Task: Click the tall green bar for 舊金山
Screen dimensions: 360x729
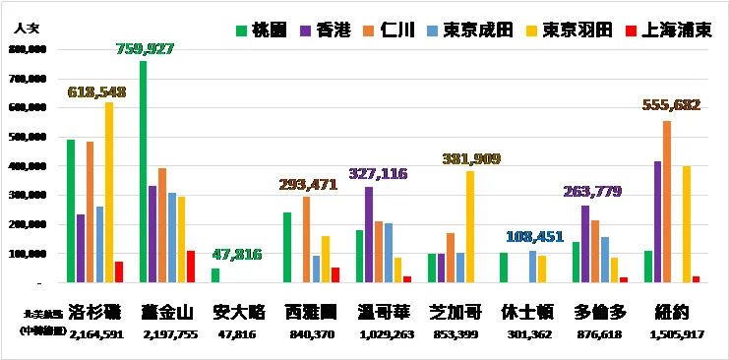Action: coord(144,172)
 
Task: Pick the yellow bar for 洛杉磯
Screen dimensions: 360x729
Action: coord(108,193)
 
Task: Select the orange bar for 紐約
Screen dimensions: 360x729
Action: coord(667,202)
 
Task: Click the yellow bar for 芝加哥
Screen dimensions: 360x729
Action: coord(470,227)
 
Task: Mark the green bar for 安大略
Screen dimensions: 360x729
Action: coord(215,275)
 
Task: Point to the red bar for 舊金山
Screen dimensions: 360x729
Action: coord(191,267)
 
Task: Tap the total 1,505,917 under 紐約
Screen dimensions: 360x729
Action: coord(672,334)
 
